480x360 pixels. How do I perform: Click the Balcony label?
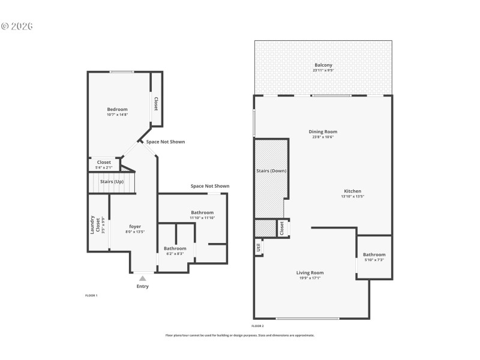pos(323,65)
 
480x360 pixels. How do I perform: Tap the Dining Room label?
pos(323,131)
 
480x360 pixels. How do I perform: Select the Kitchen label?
pos(352,191)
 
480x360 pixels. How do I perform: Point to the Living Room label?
pos(310,273)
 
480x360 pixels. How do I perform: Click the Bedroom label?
pos(117,109)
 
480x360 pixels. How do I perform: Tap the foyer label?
pos(135,226)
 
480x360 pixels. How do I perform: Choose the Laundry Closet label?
pos(93,224)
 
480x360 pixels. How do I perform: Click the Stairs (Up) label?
pos(112,181)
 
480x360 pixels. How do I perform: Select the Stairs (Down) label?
pos(271,171)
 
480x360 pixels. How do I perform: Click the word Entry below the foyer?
pos(142,286)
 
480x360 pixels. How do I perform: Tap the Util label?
pos(259,246)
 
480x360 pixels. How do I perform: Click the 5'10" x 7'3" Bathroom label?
pos(374,254)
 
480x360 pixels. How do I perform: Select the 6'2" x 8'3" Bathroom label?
pos(175,248)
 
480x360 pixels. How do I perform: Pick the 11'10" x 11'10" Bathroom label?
pos(202,212)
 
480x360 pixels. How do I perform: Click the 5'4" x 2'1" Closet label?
pos(104,162)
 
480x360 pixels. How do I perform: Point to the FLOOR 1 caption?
pos(91,295)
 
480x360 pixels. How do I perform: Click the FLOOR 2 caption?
pos(257,325)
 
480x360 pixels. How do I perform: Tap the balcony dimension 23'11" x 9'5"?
pos(323,70)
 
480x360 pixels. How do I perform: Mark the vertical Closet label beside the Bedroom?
pos(155,104)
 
